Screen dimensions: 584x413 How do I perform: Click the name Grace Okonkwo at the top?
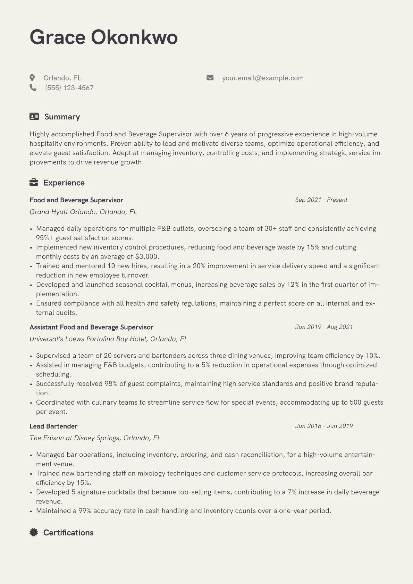(103, 37)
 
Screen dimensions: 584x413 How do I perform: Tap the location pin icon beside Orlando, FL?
(32, 78)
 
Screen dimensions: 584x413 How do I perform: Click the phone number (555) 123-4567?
(69, 88)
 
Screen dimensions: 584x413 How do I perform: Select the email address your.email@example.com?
(263, 78)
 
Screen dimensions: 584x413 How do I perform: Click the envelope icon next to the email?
(210, 78)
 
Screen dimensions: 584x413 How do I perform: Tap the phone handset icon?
(33, 88)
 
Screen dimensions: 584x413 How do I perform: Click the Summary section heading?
(62, 117)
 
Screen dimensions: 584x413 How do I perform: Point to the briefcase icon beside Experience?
(34, 183)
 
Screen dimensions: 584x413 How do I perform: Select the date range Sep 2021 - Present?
(321, 200)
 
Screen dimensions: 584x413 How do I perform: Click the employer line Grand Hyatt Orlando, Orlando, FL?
(83, 212)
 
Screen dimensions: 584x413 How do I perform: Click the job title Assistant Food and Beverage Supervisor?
(91, 327)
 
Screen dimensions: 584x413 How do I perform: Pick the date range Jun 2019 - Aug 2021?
(324, 327)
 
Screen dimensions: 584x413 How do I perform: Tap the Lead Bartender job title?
(53, 426)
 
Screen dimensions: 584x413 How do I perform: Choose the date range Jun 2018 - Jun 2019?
(324, 426)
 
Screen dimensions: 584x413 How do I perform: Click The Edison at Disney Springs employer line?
(95, 438)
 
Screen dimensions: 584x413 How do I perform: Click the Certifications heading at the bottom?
(68, 533)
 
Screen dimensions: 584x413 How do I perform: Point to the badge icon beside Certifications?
(34, 532)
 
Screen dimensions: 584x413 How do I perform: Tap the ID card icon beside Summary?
(34, 117)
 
